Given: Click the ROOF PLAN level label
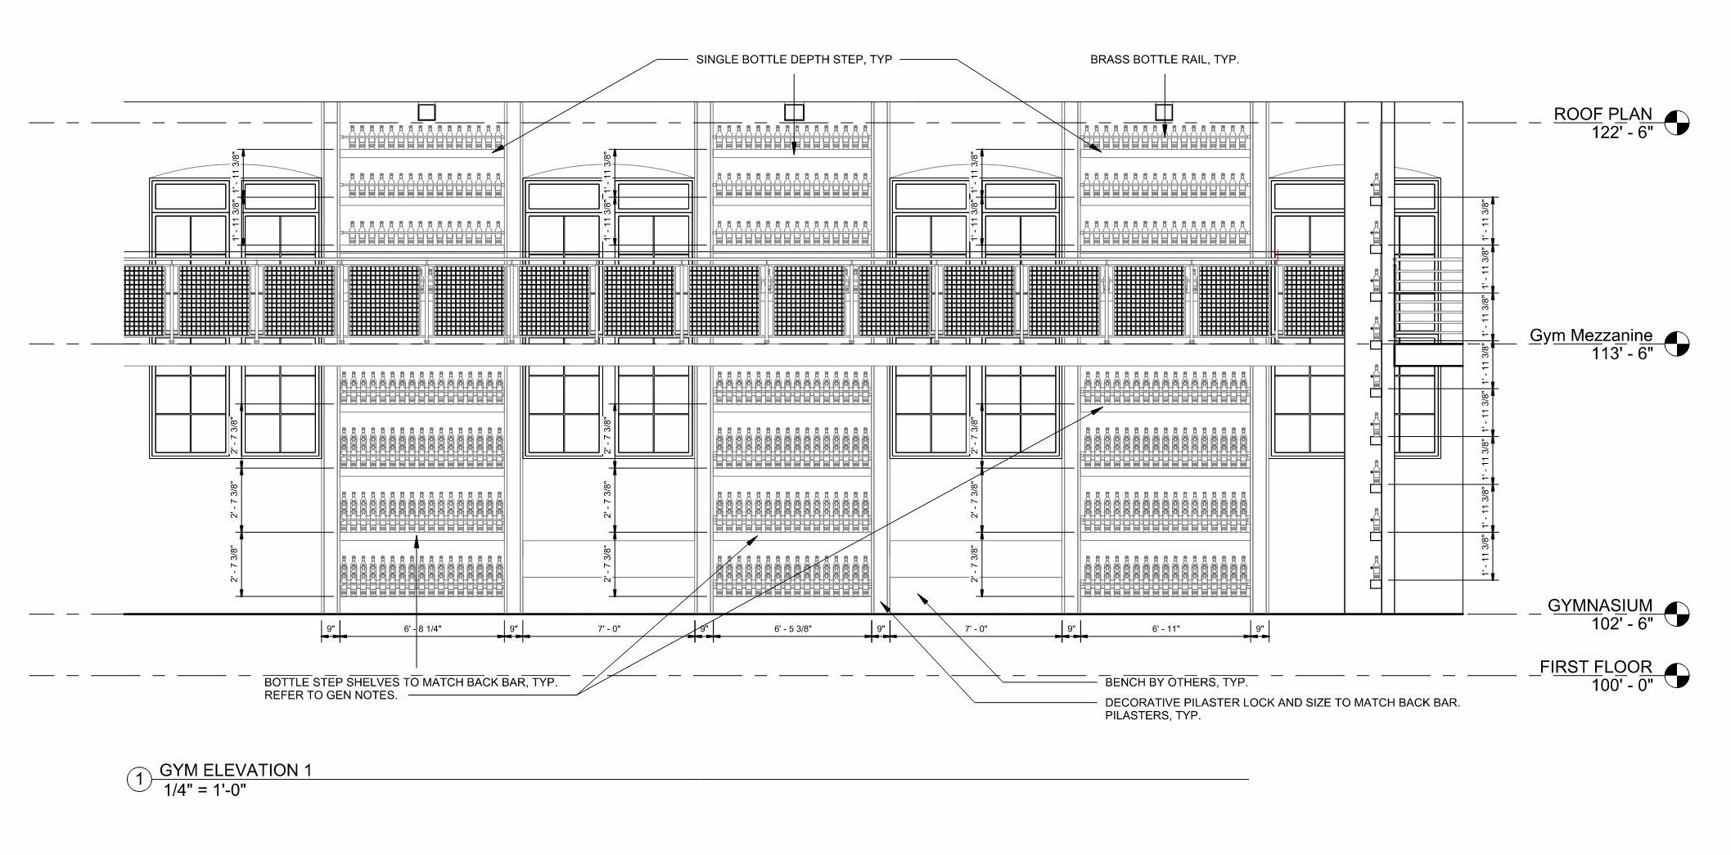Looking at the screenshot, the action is (1603, 114).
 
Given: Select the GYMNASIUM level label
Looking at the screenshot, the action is (1599, 605).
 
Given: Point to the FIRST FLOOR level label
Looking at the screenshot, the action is (1595, 667).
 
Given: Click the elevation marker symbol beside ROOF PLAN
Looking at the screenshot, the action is (1677, 123).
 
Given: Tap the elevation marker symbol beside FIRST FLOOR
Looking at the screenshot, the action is (1677, 676).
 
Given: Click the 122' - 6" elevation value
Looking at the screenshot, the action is (1621, 133).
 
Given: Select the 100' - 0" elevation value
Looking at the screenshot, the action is (1621, 686).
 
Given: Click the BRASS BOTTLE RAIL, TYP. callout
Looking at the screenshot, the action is (1164, 60).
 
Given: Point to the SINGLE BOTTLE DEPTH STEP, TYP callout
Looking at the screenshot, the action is (794, 60).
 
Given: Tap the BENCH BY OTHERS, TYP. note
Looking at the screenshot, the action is (1176, 682).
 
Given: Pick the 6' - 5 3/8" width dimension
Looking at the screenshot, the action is (792, 629).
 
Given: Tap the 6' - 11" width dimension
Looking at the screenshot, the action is (1165, 629).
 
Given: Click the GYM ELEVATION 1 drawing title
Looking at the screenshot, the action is (236, 770).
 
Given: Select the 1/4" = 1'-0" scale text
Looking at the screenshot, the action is (205, 790).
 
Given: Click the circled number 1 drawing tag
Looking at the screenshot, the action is (139, 780).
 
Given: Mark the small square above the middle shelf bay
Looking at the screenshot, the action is (794, 112).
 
